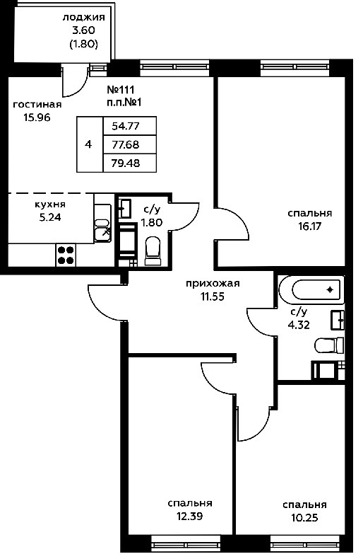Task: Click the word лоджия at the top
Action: click(x=84, y=18)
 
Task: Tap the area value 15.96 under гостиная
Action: click(x=37, y=117)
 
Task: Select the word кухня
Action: click(x=50, y=204)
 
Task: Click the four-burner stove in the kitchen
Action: click(x=66, y=255)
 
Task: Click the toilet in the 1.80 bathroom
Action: click(x=153, y=251)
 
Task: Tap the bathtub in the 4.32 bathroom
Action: click(x=311, y=289)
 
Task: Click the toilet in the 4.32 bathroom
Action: click(x=329, y=345)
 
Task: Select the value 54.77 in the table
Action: click(x=126, y=126)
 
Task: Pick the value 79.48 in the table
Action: click(x=126, y=163)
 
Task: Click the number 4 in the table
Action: click(x=88, y=144)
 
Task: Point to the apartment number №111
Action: click(x=121, y=89)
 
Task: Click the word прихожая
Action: click(x=213, y=284)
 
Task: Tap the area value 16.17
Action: click(x=309, y=226)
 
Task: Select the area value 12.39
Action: click(x=190, y=516)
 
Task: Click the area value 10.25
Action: click(x=304, y=517)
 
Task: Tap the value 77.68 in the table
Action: click(x=126, y=145)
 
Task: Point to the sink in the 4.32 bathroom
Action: click(x=338, y=320)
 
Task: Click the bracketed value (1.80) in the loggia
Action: click(x=83, y=44)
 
